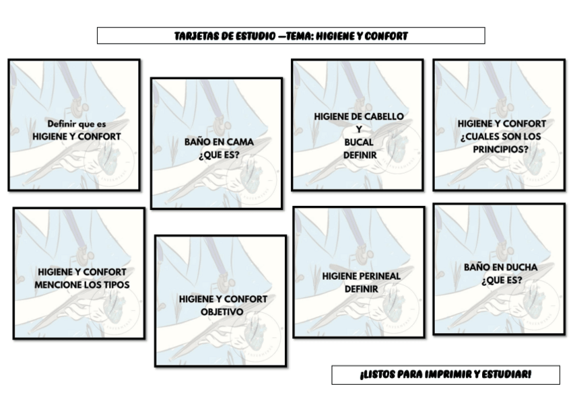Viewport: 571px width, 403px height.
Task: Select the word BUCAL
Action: (x=358, y=143)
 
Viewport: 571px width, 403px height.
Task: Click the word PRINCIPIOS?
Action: (x=501, y=149)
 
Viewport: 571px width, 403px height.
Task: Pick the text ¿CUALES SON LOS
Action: (x=501, y=137)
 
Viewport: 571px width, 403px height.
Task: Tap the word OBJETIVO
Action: (x=222, y=312)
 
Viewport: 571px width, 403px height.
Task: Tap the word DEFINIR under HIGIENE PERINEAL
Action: (x=361, y=289)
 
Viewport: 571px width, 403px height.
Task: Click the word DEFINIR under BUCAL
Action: (x=360, y=155)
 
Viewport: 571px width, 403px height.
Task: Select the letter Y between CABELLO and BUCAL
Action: (x=359, y=129)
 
